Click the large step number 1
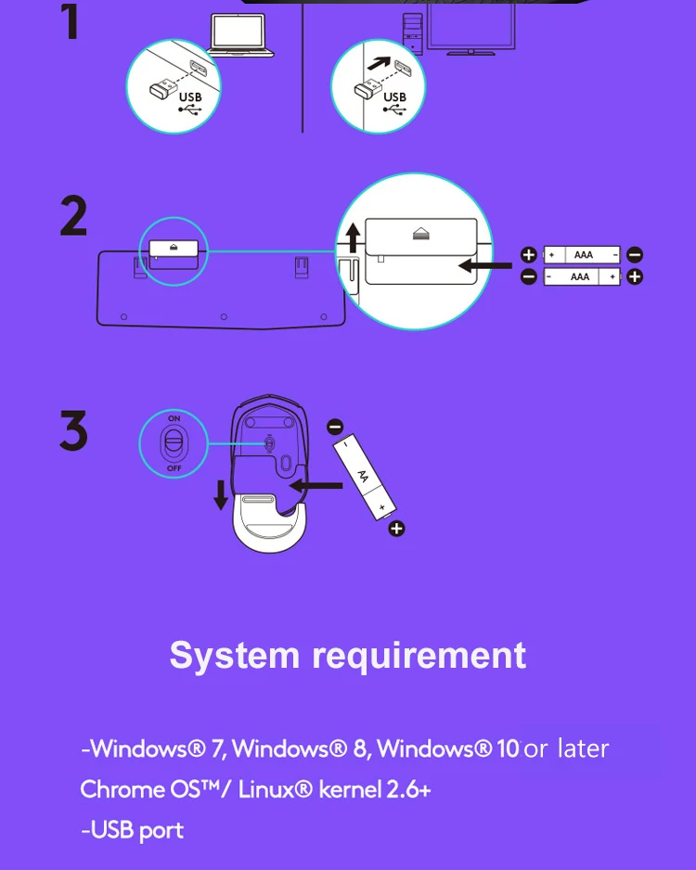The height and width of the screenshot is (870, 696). [x=70, y=22]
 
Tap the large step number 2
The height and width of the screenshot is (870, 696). [x=73, y=218]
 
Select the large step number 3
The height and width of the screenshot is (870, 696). [x=73, y=431]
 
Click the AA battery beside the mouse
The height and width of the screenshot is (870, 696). [x=365, y=479]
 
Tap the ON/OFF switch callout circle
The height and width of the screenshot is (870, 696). [x=174, y=444]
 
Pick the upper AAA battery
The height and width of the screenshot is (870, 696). [x=582, y=254]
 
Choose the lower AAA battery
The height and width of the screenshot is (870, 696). [x=582, y=276]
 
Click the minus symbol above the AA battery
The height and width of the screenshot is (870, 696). [x=335, y=427]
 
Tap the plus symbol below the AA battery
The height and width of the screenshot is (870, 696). [x=396, y=530]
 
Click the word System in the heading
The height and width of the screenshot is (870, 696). [x=235, y=655]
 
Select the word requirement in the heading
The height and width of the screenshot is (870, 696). [x=419, y=655]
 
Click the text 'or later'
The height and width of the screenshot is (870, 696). [x=566, y=748]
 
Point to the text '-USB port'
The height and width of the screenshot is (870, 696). [x=132, y=829]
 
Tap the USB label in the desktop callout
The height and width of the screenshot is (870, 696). [x=394, y=97]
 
